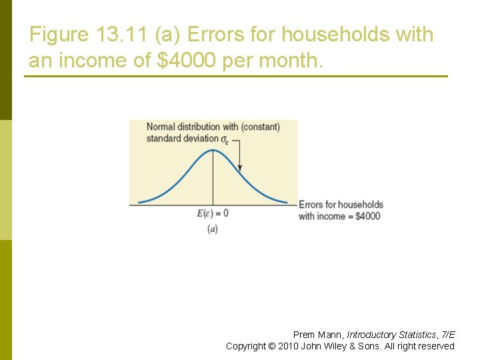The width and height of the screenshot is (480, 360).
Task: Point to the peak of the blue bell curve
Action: pyautogui.click(x=213, y=150)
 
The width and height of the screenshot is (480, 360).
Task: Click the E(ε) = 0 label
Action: pyautogui.click(x=213, y=213)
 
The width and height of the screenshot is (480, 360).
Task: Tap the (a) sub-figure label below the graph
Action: pyautogui.click(x=213, y=229)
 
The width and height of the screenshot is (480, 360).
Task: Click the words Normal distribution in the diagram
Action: pyautogui.click(x=183, y=127)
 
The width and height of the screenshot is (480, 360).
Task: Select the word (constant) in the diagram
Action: pyautogui.click(x=260, y=127)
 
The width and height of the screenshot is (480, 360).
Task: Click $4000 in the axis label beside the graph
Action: pyautogui.click(x=367, y=216)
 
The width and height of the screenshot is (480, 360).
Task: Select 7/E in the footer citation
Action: pyautogui.click(x=448, y=335)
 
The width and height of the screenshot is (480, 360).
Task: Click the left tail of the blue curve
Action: pyautogui.click(x=150, y=198)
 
